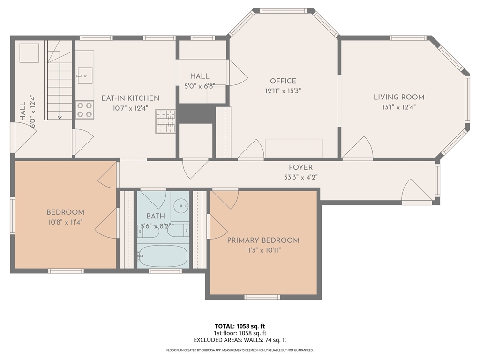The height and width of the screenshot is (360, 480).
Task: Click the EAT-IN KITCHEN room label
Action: (x=130, y=98)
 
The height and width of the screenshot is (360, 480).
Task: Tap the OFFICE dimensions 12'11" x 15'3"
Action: (x=283, y=91)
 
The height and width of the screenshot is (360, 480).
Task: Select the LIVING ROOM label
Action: (x=398, y=97)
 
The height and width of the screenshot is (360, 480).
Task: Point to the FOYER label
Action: (x=300, y=167)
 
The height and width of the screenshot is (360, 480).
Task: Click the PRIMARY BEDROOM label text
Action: (x=263, y=240)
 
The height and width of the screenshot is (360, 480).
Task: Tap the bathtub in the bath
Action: (x=163, y=256)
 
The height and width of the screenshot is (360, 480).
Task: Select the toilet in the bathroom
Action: (x=178, y=230)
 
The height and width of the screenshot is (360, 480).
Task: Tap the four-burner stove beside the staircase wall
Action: (x=85, y=110)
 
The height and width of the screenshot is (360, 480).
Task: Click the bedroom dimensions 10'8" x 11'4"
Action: (x=65, y=222)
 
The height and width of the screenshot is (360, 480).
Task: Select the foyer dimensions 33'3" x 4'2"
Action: (x=300, y=177)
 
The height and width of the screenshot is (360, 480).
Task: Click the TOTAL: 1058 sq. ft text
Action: (x=240, y=326)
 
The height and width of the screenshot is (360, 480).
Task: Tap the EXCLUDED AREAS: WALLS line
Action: (x=240, y=340)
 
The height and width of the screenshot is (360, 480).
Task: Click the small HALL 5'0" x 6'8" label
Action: (x=200, y=81)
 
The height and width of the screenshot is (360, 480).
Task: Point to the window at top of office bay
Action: (x=283, y=11)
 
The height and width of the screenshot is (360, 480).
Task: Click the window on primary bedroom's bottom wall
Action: (x=262, y=297)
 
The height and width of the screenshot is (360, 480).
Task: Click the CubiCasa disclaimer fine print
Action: (x=240, y=350)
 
